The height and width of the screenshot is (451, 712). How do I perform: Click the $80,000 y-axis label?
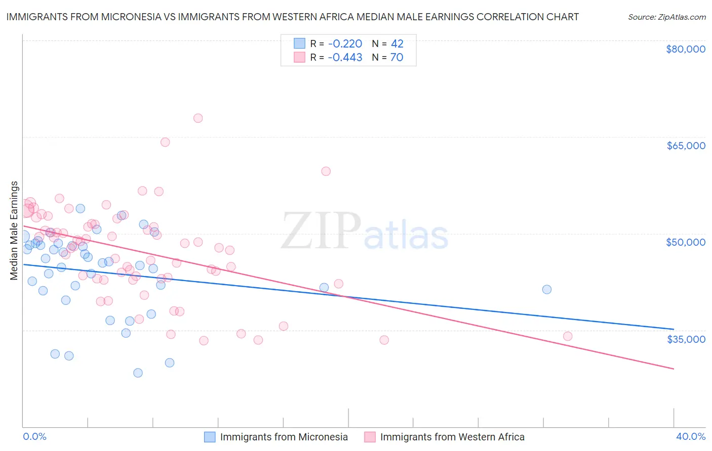685,49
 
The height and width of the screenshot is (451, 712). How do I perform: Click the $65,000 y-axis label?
685,146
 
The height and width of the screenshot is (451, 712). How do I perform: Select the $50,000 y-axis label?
685,242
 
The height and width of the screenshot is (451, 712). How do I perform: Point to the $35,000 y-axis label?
685,339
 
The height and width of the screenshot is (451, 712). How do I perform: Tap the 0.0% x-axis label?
34,436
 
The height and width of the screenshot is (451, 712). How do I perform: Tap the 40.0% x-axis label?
690,436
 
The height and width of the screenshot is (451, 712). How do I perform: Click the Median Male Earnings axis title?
14,231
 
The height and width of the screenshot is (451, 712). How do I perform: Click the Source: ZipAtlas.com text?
666,17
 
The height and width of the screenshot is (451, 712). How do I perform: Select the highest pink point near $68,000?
198,118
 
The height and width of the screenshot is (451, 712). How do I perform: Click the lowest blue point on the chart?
138,373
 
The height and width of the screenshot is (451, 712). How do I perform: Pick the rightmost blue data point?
547,290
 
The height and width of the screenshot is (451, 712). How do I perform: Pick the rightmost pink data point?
568,336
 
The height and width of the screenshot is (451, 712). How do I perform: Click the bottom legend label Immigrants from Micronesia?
284,437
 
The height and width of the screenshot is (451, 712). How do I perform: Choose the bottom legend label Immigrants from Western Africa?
452,437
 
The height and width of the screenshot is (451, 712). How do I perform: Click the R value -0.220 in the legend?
345,44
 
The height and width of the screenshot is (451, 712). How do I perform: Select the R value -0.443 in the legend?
345,58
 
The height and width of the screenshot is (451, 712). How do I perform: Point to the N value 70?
397,58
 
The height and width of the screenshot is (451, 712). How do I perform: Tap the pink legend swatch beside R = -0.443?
300,58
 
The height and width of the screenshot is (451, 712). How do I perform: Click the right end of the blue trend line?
674,329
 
